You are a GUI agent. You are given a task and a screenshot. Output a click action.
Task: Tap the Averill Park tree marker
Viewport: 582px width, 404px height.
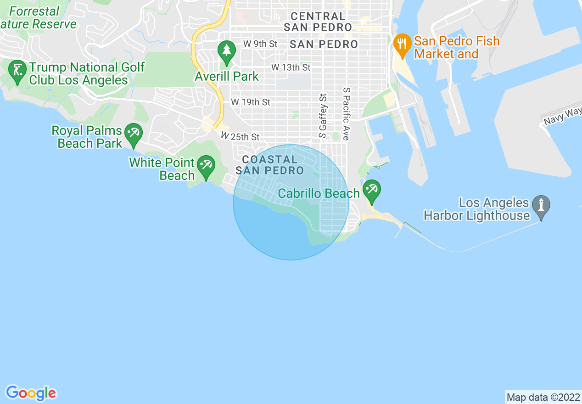point(226,51)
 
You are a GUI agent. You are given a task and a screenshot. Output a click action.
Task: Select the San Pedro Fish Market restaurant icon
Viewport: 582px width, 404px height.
point(402,45)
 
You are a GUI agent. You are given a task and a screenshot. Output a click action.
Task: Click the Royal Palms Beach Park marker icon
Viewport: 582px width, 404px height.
point(134,135)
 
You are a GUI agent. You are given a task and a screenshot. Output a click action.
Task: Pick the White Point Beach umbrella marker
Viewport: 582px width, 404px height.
point(206,167)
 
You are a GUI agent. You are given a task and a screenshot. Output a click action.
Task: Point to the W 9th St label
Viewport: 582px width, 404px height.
point(260,44)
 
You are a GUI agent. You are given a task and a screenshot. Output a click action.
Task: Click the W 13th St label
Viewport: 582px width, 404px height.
point(291,67)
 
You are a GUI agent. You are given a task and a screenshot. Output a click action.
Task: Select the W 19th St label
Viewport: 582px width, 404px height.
point(250,102)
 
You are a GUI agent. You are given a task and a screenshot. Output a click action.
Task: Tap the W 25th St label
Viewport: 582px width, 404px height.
point(240,136)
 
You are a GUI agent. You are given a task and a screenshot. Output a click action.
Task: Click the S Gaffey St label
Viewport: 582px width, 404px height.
point(323,116)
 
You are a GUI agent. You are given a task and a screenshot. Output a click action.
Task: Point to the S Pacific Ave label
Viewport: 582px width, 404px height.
point(347,113)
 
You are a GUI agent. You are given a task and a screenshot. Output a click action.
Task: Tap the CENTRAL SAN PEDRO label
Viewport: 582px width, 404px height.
point(318,22)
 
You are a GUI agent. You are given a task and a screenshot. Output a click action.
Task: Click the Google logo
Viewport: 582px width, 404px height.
point(31,393)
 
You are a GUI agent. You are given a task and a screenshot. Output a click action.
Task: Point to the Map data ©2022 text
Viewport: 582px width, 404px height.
point(543,397)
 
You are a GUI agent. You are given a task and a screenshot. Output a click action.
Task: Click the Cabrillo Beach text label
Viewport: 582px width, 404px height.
point(319,193)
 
